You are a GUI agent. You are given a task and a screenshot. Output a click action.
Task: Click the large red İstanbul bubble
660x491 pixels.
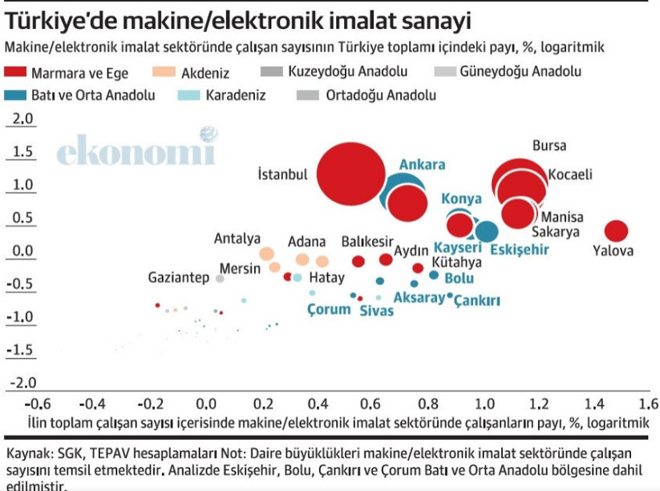click(356, 174)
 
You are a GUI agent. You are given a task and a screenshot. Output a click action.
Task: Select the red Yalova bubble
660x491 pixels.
click(615, 231)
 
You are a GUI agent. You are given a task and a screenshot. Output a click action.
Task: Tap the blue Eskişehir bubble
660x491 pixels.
click(486, 231)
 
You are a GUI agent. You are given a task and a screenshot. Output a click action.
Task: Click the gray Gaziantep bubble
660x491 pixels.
click(220, 279)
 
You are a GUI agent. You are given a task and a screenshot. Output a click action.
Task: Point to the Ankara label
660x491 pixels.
click(422, 165)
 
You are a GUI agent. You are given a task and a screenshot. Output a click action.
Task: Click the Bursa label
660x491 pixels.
click(549, 146)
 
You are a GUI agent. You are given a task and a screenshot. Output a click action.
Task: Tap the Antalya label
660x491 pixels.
click(237, 239)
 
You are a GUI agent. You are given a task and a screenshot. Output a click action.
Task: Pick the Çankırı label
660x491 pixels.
click(478, 300)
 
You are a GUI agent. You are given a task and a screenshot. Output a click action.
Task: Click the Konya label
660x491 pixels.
click(462, 199)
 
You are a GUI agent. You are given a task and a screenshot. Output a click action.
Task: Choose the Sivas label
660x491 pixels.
click(376, 311)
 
